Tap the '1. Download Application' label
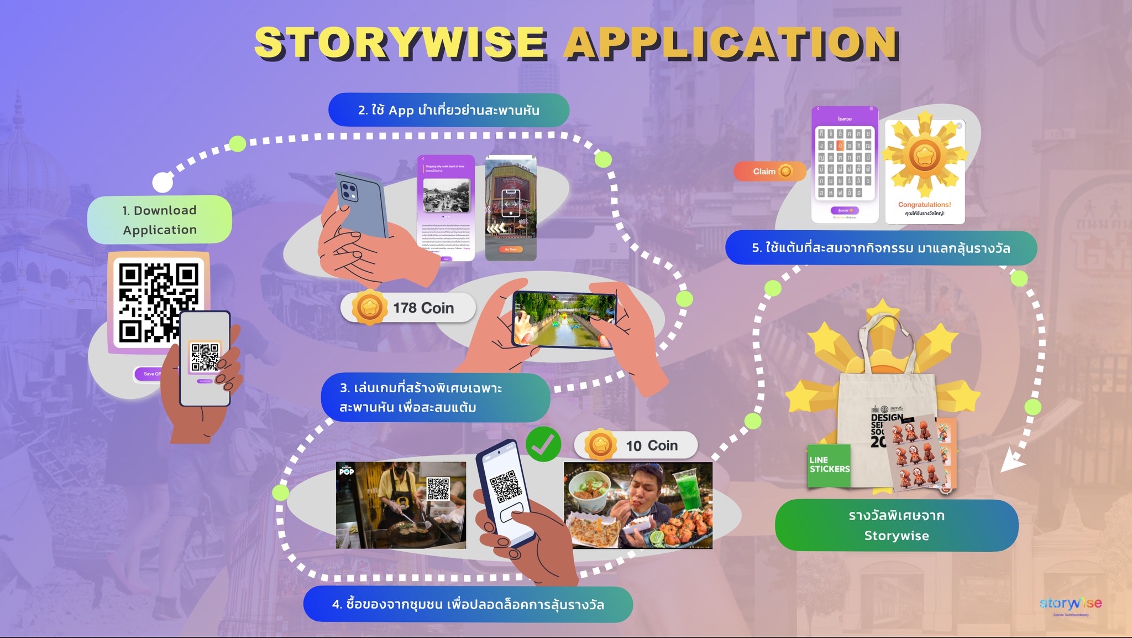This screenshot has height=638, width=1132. click(160, 220)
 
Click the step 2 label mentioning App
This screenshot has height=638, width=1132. click(448, 110)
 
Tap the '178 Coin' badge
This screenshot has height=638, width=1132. click(408, 308)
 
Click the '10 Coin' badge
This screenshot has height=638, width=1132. click(636, 445)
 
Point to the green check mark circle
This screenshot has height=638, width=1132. click(543, 444)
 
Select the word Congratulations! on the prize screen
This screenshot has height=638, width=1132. click(924, 205)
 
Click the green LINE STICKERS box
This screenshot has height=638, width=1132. click(829, 465)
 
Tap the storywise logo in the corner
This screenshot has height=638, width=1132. click(1070, 604)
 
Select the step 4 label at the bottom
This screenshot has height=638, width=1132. click(468, 604)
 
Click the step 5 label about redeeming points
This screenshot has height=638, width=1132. click(881, 248)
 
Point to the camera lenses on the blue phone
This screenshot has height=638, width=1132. click(349, 192)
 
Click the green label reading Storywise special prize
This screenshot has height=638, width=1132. click(896, 525)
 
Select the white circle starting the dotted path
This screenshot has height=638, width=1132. click(162, 181)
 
